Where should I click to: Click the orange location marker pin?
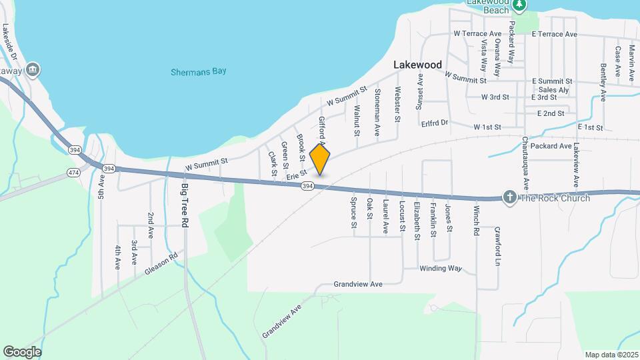coord(320,159)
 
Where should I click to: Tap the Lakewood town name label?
coord(417,65)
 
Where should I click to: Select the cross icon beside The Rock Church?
coord(509,197)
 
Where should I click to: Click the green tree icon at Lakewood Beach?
coord(520,5)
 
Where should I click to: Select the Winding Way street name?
coord(440,269)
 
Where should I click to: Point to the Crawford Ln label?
coord(497,247)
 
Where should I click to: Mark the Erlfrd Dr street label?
coord(435,123)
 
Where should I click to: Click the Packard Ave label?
coord(552,145)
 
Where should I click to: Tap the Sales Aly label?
coord(553,90)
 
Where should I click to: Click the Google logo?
coord(22,351)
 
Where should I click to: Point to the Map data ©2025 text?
coord(610,355)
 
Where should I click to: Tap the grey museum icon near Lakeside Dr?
coord(33,69)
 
